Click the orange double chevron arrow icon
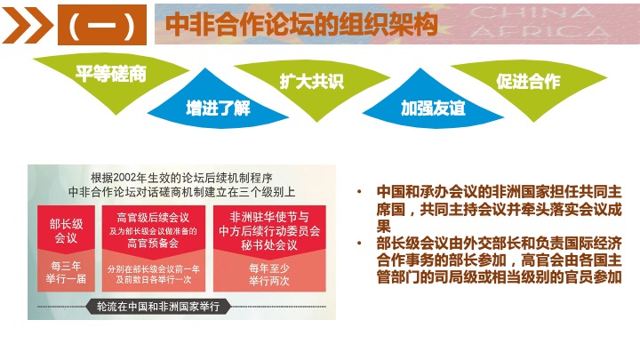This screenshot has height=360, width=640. point(27,25)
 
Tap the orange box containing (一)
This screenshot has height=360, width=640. point(102,25)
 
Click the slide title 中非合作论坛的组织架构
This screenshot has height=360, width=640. point(301,25)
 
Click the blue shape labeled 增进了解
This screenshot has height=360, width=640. point(218,104)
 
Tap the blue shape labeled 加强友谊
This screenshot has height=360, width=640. point(433,104)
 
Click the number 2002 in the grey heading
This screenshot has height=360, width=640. point(125,178)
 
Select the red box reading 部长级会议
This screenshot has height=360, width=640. point(66,230)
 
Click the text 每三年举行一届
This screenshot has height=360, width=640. point(66,273)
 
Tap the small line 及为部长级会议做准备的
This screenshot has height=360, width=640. point(153,231)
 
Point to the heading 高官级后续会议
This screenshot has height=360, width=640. point(153,218)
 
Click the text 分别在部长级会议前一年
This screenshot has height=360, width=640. point(154,269)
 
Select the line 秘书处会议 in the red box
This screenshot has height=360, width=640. point(269,245)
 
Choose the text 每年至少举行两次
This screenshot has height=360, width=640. point(269,275)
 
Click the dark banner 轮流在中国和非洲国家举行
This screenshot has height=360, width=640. point(158,307)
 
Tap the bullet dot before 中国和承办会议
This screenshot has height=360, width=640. point(359,191)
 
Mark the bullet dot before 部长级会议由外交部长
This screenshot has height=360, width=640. point(359,244)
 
